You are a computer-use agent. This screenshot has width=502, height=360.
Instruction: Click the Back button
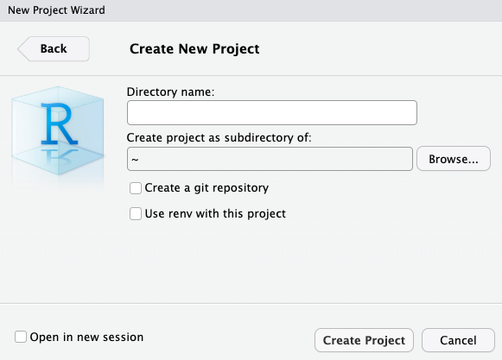click(54, 48)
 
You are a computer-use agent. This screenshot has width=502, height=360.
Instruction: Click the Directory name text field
click(272, 112)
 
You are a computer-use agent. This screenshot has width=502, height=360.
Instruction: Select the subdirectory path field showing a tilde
click(270, 159)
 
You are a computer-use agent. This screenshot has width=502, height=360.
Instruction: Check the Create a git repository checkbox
click(136, 188)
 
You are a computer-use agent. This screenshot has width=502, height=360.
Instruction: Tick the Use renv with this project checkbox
click(136, 214)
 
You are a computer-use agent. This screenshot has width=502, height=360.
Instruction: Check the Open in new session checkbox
click(21, 337)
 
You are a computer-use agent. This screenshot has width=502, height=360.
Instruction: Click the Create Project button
click(364, 340)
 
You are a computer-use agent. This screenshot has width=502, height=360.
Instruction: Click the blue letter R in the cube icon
click(60, 123)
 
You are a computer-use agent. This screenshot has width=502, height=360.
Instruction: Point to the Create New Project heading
click(194, 49)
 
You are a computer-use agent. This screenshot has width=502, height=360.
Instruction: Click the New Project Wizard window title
click(56, 10)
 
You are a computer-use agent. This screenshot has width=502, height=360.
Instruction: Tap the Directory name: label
click(170, 92)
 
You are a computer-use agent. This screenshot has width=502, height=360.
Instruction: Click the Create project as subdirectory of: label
click(219, 138)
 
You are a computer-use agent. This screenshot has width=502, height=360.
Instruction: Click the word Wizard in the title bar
click(88, 10)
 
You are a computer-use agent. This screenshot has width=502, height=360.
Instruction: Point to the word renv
click(181, 214)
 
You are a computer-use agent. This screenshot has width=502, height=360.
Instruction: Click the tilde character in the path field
click(135, 160)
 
